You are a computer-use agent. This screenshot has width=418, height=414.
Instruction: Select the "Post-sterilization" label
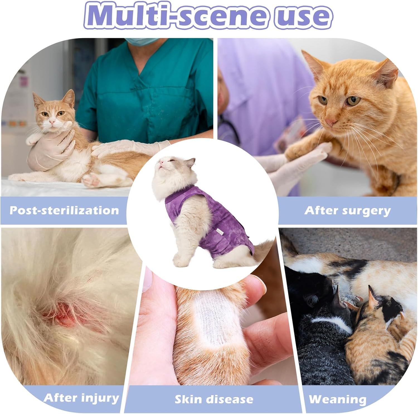64,210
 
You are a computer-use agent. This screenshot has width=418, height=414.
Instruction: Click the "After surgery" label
347,211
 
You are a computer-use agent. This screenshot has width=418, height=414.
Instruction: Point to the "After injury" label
81,398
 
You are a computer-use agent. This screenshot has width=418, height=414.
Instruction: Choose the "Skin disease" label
214,399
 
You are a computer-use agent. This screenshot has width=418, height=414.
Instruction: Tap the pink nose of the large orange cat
331,122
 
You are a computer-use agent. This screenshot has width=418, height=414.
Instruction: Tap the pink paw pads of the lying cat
92,180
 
